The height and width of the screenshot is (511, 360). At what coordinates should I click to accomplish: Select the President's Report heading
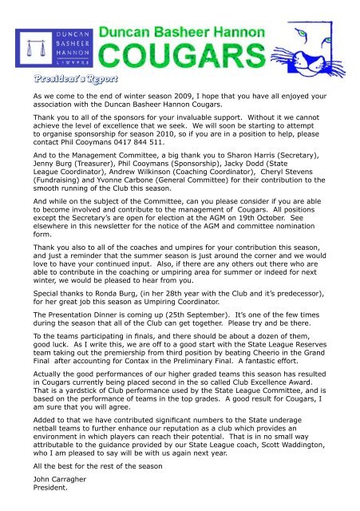[x=73, y=80]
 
